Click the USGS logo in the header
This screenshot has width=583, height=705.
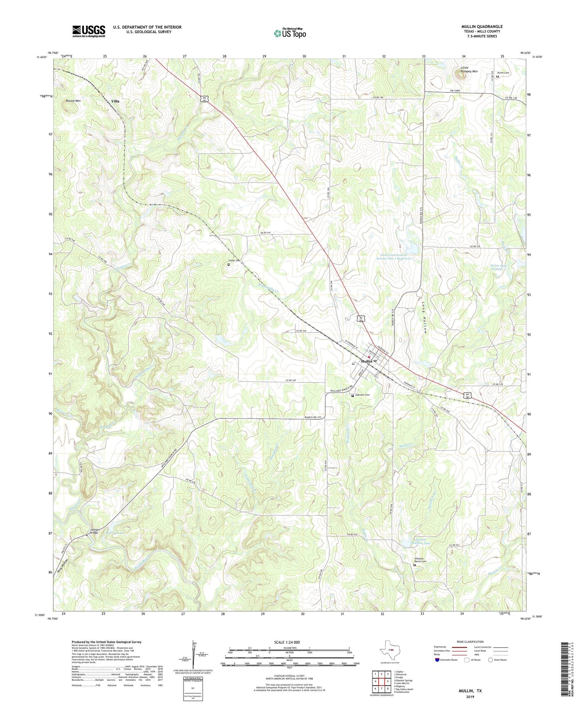89,31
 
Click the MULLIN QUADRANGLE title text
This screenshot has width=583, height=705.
482,27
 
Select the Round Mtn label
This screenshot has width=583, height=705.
73,101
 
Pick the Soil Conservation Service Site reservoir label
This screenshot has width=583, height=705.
396,256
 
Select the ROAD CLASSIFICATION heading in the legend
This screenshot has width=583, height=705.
470,642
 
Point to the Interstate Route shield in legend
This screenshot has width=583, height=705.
438,660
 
